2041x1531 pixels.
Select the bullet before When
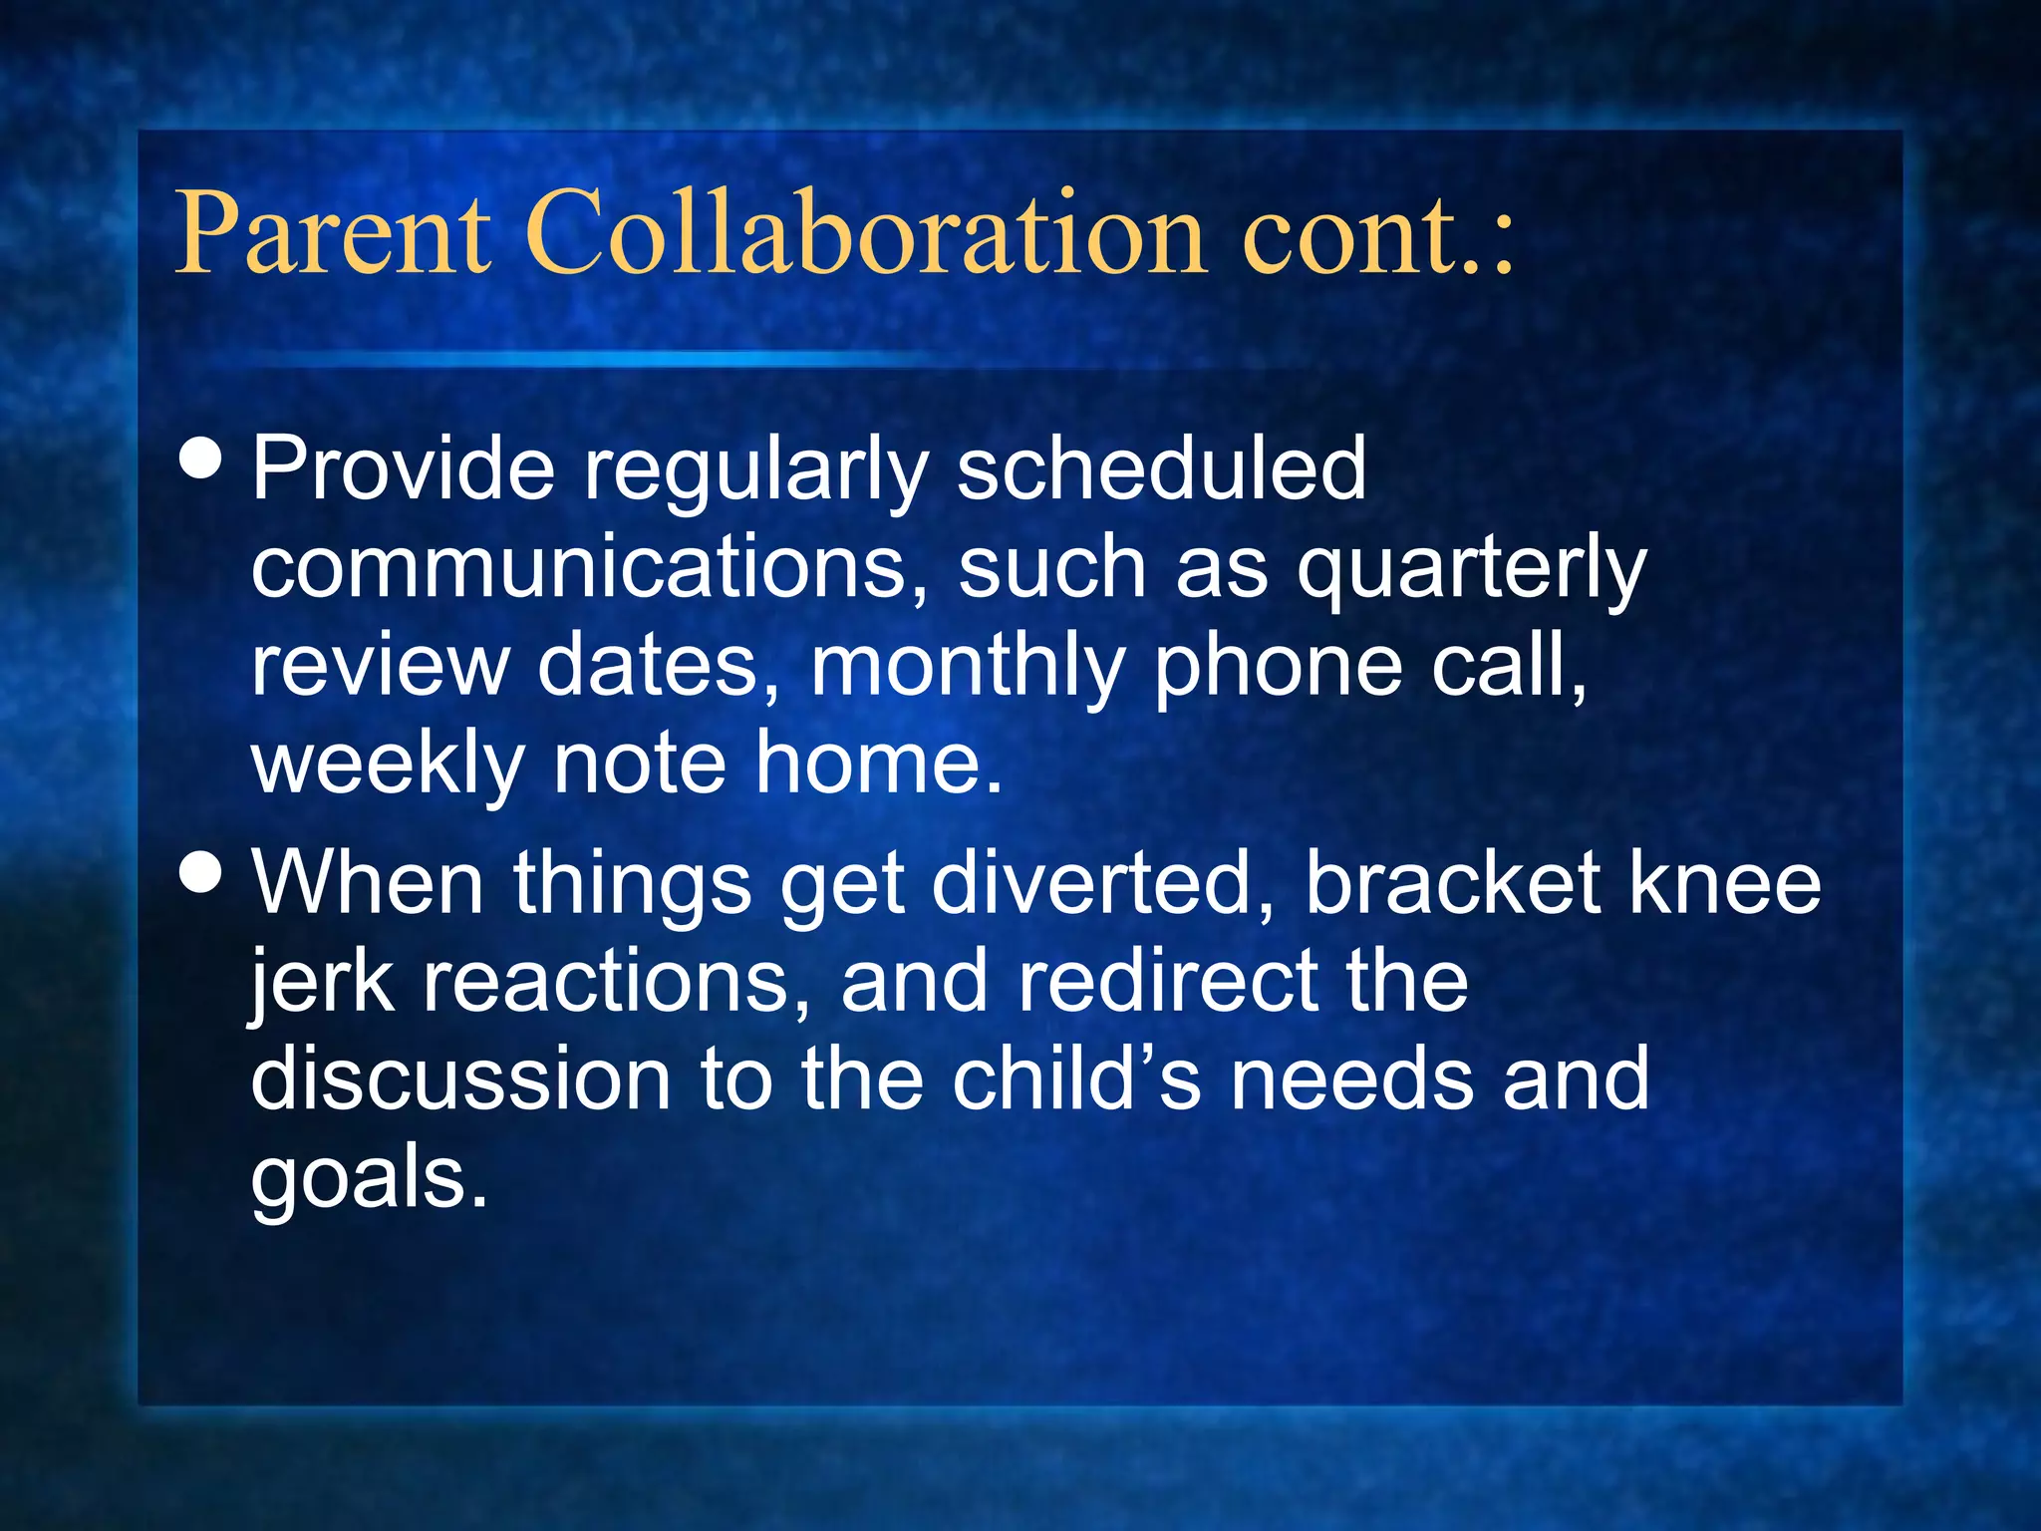tap(202, 873)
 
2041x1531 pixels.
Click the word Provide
tap(403, 468)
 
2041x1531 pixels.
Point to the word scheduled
tap(1161, 468)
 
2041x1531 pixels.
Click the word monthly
tap(967, 666)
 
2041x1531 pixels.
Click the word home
tap(877, 762)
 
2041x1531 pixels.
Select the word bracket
tap(1451, 883)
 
